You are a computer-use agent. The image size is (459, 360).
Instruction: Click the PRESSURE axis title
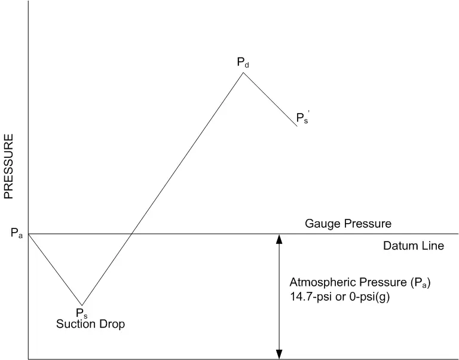8,166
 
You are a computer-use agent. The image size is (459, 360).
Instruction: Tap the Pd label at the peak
243,62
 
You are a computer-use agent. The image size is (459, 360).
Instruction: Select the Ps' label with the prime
303,117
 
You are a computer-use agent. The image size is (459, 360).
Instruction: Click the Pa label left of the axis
17,233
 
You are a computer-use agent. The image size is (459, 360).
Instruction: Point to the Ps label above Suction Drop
82,313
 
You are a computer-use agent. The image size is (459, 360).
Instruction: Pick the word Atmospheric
323,282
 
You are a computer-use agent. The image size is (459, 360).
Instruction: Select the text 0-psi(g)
370,297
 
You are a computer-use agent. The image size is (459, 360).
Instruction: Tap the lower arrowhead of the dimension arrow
279,355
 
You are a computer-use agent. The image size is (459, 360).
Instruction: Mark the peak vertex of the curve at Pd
243,72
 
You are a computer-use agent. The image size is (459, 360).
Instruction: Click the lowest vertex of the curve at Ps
82,305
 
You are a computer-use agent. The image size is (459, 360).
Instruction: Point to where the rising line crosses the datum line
131,234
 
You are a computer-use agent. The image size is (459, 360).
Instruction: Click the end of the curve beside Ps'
297,126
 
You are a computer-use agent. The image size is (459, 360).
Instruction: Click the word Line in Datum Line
433,245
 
